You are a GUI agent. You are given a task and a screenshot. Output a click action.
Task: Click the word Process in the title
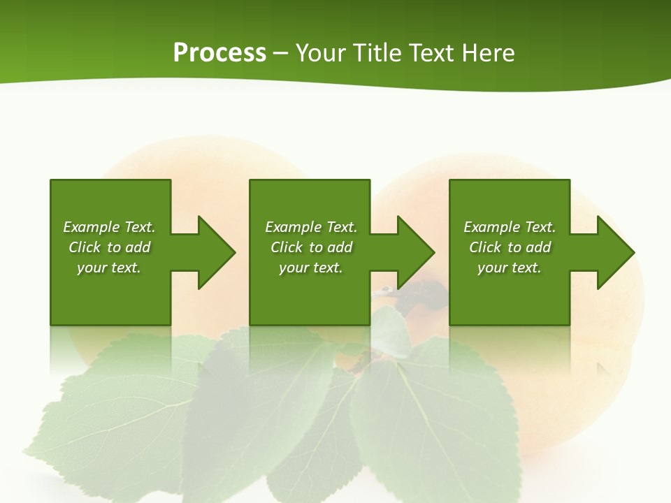click(219, 53)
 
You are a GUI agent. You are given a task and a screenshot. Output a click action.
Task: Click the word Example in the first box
click(91, 227)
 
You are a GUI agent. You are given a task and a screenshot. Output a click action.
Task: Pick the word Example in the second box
click(293, 227)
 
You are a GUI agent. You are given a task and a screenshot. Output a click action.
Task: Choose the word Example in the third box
click(491, 227)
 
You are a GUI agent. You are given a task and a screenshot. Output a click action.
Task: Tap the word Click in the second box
click(287, 247)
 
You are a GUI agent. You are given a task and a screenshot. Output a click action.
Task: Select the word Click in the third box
click(485, 247)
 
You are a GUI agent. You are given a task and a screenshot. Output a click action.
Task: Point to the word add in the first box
click(138, 247)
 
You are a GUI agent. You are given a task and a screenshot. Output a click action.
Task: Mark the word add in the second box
click(340, 247)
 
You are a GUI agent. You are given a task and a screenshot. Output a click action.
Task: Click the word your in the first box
click(90, 268)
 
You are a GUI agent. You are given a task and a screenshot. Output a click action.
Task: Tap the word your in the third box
click(491, 268)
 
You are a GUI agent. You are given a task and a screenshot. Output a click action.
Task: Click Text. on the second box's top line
click(342, 227)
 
